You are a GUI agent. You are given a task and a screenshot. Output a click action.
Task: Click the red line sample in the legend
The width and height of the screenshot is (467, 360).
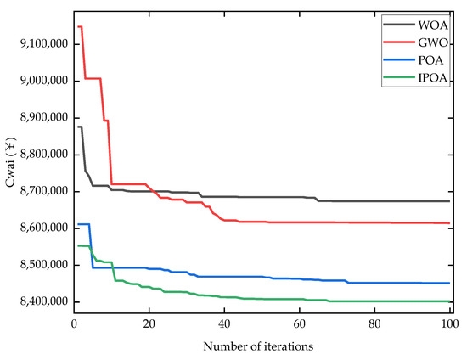(392, 44)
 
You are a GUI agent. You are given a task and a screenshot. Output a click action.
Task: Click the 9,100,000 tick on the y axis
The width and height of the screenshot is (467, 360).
(42, 43)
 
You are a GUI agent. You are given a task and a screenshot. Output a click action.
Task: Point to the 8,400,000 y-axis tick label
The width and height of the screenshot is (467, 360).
(42, 302)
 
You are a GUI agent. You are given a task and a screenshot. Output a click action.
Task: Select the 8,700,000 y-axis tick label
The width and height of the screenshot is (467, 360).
(42, 191)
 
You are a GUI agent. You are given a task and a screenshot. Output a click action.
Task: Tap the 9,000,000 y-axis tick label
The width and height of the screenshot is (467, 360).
(42, 81)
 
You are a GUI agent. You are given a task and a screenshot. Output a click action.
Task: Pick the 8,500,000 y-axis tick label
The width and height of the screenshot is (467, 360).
(42, 265)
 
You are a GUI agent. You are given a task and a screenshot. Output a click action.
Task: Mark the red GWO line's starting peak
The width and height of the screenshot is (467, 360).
(80, 26)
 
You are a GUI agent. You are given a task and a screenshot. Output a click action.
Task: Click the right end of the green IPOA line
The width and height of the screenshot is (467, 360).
(449, 301)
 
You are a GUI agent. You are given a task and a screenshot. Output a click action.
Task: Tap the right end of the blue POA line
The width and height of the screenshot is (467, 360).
(449, 283)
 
